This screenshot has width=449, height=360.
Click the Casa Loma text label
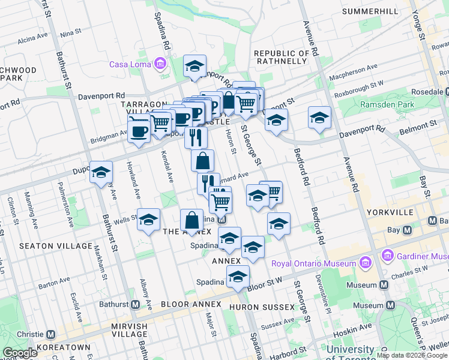(x=130, y=64)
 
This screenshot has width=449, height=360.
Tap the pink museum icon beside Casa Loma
(x=160, y=64)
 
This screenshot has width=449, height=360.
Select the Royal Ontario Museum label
(x=314, y=263)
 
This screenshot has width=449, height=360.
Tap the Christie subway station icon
(x=51, y=334)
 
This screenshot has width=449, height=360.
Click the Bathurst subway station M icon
(x=136, y=304)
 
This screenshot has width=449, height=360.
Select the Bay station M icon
(x=408, y=230)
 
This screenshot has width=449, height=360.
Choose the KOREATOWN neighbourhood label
(x=63, y=347)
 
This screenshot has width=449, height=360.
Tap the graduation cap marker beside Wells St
(x=148, y=220)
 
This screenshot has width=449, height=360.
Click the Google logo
(x=20, y=353)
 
